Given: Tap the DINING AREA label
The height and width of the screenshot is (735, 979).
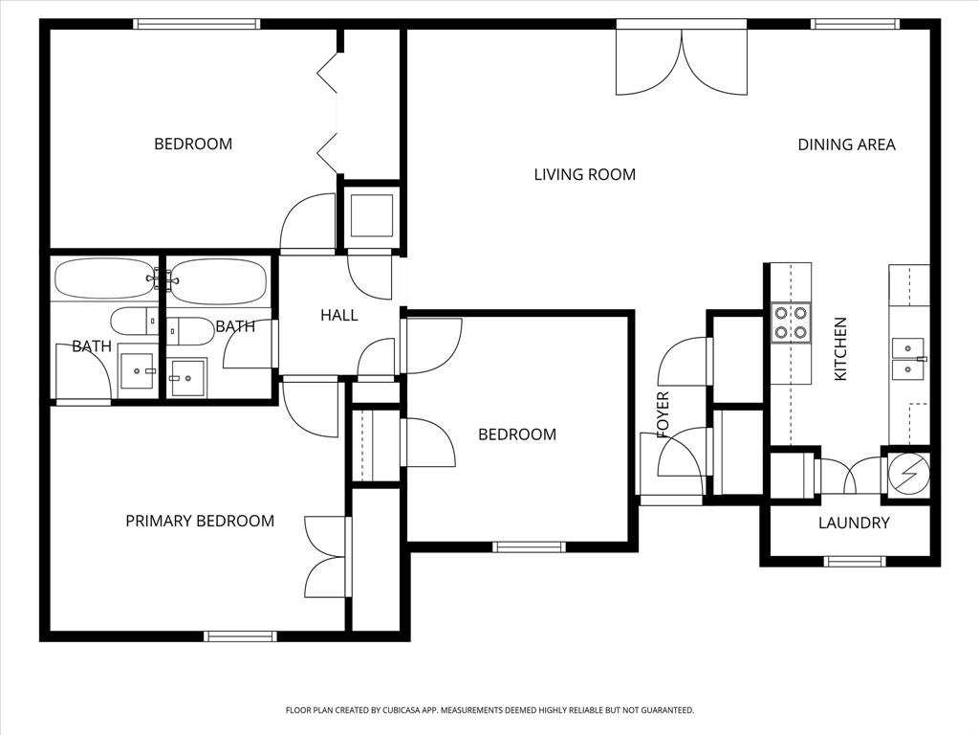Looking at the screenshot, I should [x=846, y=145].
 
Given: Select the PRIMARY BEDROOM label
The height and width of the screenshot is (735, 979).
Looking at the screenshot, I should [x=200, y=521].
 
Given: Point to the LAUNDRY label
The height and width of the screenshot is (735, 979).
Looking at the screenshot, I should [x=854, y=523].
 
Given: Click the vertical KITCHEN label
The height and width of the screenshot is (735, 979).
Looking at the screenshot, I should [x=840, y=349].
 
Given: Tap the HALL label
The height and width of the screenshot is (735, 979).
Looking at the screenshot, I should [x=338, y=314].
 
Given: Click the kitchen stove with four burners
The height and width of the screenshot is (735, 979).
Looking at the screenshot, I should [x=791, y=323].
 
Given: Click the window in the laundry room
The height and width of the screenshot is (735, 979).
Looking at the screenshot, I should [x=855, y=562].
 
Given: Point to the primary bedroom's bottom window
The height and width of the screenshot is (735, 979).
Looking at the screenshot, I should [x=241, y=635].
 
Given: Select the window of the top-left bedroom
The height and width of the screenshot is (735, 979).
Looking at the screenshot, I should [x=197, y=24].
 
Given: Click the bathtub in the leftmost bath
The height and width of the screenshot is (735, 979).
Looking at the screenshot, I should [x=103, y=278].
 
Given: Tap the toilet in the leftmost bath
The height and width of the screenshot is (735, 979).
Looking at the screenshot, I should [x=132, y=321].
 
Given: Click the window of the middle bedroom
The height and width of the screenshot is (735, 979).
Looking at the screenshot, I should [x=529, y=546].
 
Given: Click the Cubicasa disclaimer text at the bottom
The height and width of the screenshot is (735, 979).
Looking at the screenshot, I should [x=489, y=710].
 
